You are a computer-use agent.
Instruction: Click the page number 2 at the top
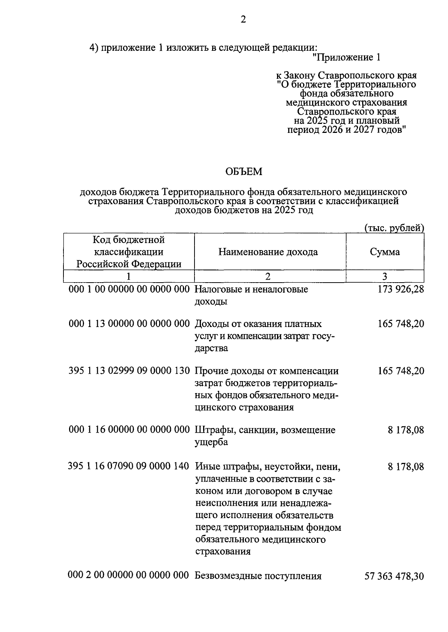tap(243, 20)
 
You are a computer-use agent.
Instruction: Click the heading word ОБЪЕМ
tap(244, 172)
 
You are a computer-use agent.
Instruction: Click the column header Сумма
tap(385, 252)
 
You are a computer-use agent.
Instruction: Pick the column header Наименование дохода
tap(268, 252)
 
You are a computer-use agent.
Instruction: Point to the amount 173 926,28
tap(401, 289)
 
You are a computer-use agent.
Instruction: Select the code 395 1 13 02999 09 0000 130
tap(129, 371)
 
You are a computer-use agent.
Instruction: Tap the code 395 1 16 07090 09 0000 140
tap(128, 466)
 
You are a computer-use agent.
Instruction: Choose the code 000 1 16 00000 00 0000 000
tap(129, 430)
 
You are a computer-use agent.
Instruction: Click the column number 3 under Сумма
tap(385, 277)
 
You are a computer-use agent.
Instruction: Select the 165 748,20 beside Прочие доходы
tap(401, 371)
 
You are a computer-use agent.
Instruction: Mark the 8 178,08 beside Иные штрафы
tap(405, 466)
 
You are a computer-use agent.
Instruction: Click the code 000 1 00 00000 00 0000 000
tap(129, 289)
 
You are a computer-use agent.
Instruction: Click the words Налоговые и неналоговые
tap(251, 289)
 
